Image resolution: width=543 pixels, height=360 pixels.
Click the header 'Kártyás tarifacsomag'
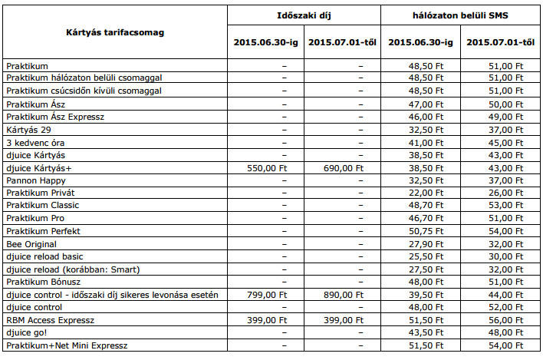tap(114, 32)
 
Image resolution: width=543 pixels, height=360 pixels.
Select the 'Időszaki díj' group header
tap(304, 15)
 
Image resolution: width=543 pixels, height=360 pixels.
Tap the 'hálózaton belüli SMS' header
tap(460, 15)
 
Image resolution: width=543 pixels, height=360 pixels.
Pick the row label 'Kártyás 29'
tap(29, 130)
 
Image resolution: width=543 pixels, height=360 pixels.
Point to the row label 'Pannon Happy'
tap(35, 180)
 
